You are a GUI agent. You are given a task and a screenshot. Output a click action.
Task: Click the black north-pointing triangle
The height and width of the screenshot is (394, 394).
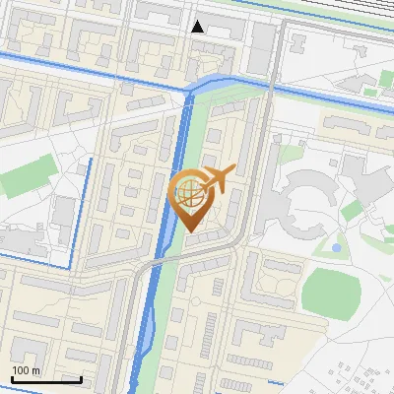[x=198, y=27]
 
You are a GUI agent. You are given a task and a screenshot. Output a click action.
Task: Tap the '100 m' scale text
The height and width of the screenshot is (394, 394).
[x=27, y=370]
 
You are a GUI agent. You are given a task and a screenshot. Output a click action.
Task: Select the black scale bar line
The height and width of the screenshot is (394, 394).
[x=46, y=379]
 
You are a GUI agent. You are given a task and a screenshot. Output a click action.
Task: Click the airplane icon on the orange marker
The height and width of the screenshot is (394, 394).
[x=217, y=178]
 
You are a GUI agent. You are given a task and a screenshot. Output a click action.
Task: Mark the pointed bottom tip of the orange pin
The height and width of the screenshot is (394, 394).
[x=190, y=232]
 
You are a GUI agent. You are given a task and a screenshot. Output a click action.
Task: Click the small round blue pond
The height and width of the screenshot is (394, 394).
[x=337, y=246]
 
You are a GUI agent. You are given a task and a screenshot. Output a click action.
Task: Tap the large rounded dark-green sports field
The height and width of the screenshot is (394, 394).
[x=326, y=292]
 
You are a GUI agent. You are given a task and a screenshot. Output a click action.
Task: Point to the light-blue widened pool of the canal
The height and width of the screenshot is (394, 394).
[x=144, y=341]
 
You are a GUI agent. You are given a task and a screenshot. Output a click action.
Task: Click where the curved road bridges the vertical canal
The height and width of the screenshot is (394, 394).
[x=154, y=263]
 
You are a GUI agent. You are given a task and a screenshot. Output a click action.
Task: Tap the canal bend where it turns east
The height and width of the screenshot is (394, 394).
[x=198, y=87]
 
